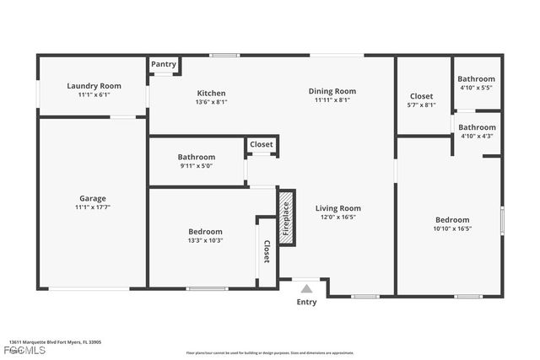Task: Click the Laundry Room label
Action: tap(94, 86)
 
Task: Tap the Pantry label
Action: tap(163, 64)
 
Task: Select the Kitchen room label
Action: tap(212, 93)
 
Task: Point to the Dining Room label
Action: tap(332, 91)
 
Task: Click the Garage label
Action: tap(93, 199)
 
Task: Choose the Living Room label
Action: tap(337, 208)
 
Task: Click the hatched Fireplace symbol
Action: tap(286, 217)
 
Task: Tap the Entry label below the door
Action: tap(306, 302)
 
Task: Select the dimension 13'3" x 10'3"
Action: tap(205, 240)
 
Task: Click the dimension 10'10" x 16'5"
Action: tap(451, 228)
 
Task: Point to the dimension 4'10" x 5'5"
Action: tap(477, 88)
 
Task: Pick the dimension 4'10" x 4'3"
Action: tap(477, 136)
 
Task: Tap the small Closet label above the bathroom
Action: tap(262, 145)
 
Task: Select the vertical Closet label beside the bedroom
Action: tap(267, 250)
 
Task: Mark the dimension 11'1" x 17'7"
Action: tap(93, 207)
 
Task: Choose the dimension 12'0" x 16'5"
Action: tap(337, 217)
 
